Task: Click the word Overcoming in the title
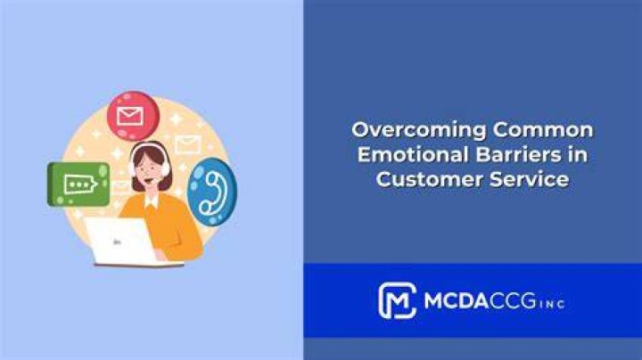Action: coord(419,131)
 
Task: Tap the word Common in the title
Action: coord(543,130)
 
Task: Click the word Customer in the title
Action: coord(430,179)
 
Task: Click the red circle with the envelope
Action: coord(133,116)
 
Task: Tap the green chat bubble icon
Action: coord(78,184)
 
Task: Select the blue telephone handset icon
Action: coord(212,192)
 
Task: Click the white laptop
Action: coord(123,241)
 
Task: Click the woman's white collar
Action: coord(152,200)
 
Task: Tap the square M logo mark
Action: coord(397,300)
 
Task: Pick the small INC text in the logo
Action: coord(552,304)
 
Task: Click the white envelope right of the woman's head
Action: coord(188,144)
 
